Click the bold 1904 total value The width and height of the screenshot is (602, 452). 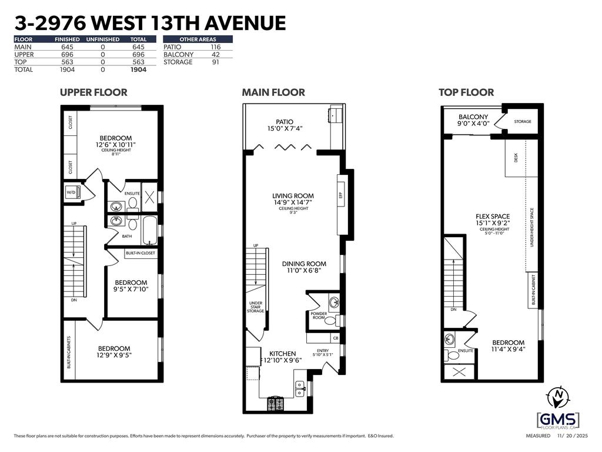coord(138,69)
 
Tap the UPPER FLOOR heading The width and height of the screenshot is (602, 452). coord(93,92)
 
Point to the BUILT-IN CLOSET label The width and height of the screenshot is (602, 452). coord(141,253)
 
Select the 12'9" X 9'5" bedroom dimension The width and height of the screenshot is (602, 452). coord(115,355)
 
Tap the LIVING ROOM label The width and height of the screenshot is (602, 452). coord(293,195)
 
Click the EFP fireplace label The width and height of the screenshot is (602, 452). coord(340,195)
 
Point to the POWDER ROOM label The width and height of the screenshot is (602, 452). coord(319,317)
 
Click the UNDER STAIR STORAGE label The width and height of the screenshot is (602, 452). coord(255,307)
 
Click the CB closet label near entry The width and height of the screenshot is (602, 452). coord(335,338)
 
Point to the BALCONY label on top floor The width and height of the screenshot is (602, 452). coord(473,117)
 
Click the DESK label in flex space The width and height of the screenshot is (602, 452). coord(516,158)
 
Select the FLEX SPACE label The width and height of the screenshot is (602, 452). coord(493,217)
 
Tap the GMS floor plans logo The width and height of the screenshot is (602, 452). coord(557,420)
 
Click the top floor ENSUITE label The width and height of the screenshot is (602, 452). coord(466,351)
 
